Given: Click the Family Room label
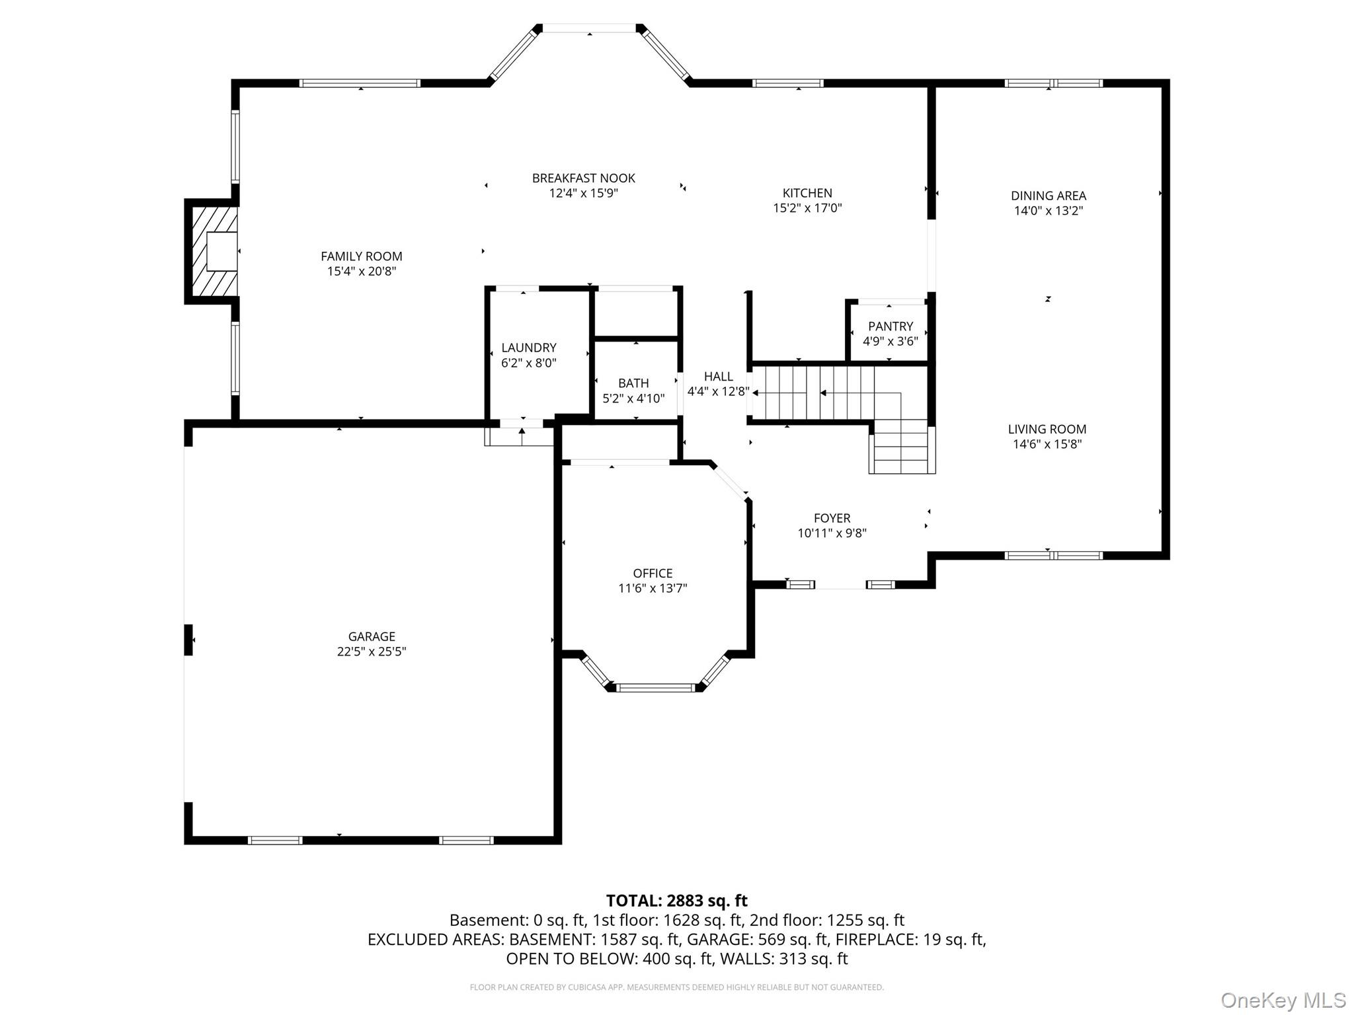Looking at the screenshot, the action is tap(361, 256).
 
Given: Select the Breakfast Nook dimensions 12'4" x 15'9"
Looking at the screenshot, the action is tap(583, 193).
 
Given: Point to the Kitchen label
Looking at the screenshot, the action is tap(807, 193).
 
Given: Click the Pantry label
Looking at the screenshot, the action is tap(890, 326).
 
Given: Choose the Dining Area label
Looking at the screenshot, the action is tap(1049, 196).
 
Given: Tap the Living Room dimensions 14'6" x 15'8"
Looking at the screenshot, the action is tap(1047, 444).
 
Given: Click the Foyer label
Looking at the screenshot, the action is tap(832, 518).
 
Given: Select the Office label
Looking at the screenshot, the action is tap(653, 573).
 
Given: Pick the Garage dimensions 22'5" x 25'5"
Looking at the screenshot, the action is tap(372, 652).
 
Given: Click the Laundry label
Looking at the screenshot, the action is tap(529, 348).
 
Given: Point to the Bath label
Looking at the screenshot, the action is tap(633, 383).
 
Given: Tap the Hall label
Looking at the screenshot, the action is tap(719, 377).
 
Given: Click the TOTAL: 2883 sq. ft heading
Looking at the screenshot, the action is tap(677, 901).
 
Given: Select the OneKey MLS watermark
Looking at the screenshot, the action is tap(1283, 1000).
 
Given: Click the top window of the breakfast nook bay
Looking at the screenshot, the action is tap(589, 28).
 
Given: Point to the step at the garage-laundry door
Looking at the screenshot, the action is tap(520, 437).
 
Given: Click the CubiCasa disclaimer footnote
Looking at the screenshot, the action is tap(677, 987).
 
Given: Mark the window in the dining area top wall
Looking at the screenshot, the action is tap(1053, 83).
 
